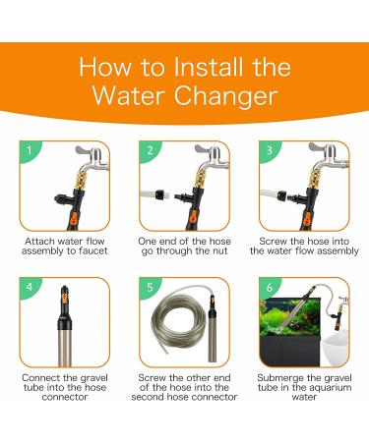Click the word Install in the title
pyautogui.click(x=210, y=67)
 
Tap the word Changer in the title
pyautogui.click(x=226, y=96)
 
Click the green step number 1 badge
pyautogui.click(x=30, y=151)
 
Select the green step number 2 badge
pyautogui.click(x=150, y=151)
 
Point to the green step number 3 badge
pyautogui.click(x=270, y=151)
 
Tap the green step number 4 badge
pyautogui.click(x=30, y=287)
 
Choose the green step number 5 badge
pyautogui.click(x=150, y=287)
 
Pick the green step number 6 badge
pyautogui.click(x=270, y=287)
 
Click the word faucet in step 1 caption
pyautogui.click(x=92, y=251)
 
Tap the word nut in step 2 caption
pyautogui.click(x=219, y=251)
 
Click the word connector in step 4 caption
pyautogui.click(x=65, y=397)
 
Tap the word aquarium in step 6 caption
pyautogui.click(x=331, y=388)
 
